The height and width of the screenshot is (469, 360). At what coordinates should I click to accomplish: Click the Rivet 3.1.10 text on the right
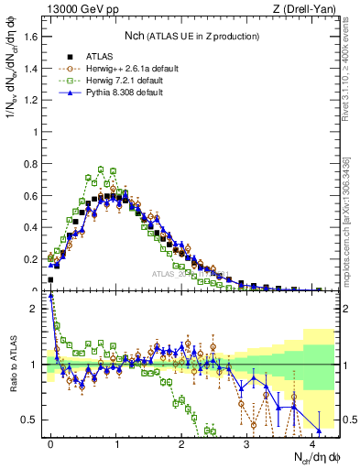pos(349,78)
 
